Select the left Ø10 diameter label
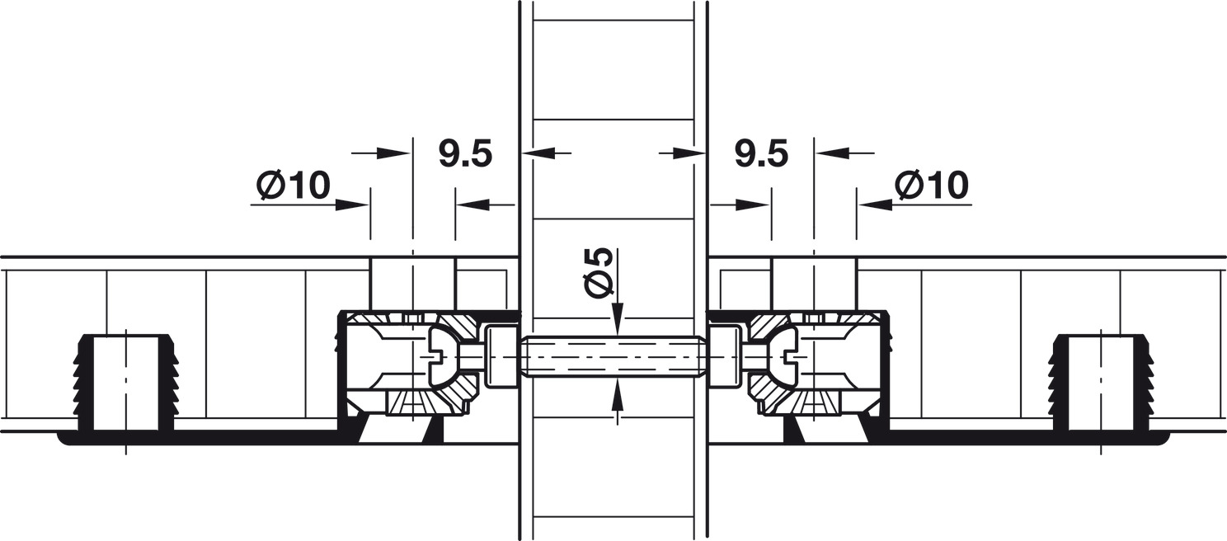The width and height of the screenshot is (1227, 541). [x=294, y=186]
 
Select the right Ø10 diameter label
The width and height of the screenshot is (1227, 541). [x=932, y=186]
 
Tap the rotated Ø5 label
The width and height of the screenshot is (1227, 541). [x=597, y=272]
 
